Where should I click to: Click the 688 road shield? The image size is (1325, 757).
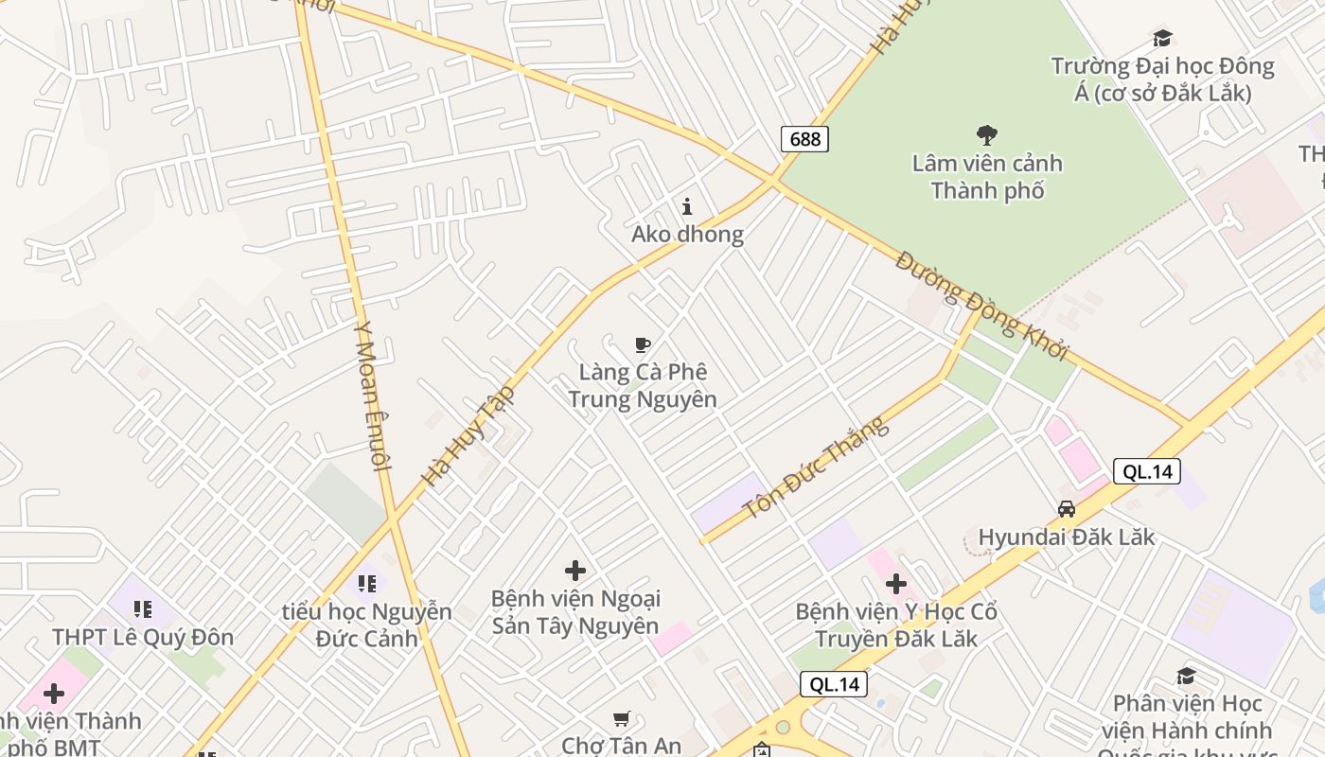(x=804, y=139)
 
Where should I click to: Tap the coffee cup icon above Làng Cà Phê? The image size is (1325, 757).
(x=643, y=344)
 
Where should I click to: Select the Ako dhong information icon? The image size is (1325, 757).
(x=687, y=206)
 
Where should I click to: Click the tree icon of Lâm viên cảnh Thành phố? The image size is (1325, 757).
(x=987, y=135)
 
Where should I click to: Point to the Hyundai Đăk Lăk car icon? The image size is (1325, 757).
(x=1067, y=509)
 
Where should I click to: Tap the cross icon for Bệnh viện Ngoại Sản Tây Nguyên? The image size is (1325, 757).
(x=575, y=571)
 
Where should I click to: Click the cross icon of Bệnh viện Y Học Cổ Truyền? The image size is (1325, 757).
(x=896, y=584)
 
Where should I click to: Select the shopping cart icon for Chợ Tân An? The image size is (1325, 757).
(x=621, y=719)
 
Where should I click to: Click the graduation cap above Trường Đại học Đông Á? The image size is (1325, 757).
(x=1162, y=38)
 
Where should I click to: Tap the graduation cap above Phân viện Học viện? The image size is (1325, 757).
(x=1186, y=676)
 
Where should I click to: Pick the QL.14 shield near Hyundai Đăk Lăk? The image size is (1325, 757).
(x=1146, y=471)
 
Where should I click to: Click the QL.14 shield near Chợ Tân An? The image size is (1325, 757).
(x=833, y=684)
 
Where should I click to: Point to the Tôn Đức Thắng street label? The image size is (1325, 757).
(x=817, y=467)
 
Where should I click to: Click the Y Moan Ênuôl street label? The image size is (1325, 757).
(x=371, y=396)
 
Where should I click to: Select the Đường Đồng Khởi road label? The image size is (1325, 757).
(x=981, y=305)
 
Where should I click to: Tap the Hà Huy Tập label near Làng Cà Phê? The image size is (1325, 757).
(x=468, y=435)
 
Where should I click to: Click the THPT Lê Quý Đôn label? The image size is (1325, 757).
(x=143, y=637)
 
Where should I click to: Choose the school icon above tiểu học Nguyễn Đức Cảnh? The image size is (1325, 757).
(x=366, y=583)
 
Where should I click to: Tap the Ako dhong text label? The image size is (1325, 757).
(x=687, y=234)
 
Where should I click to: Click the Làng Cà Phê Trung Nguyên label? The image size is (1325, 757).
(x=643, y=385)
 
